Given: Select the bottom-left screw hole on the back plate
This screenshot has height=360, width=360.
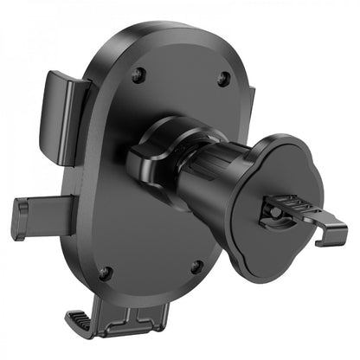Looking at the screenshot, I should pyautogui.click(x=105, y=274).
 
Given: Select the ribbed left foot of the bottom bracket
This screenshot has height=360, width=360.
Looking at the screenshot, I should pyautogui.click(x=103, y=327).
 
